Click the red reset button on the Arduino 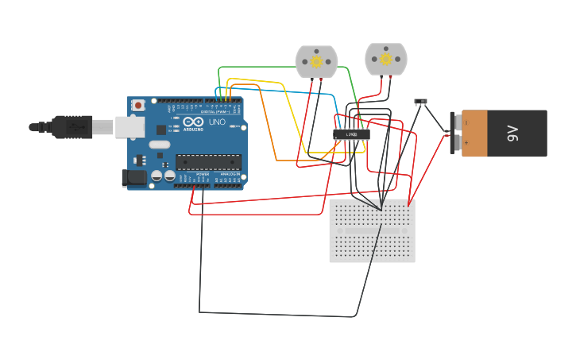pyautogui.click(x=138, y=105)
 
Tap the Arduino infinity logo pyautogui.click(x=193, y=122)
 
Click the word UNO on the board pyautogui.click(x=216, y=122)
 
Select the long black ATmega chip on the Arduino pyautogui.click(x=208, y=162)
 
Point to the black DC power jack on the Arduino pyautogui.click(x=134, y=179)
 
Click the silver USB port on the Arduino pyautogui.click(x=130, y=127)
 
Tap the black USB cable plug pyautogui.click(x=72, y=127)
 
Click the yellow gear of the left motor pyautogui.click(x=316, y=61)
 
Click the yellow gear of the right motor pyautogui.click(x=386, y=59)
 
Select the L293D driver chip pyautogui.click(x=351, y=134)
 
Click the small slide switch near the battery pyautogui.click(x=420, y=102)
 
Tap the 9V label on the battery pyautogui.click(x=513, y=134)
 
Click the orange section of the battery pyautogui.click(x=474, y=134)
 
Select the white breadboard pyautogui.click(x=372, y=230)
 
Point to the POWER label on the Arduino pyautogui.click(x=202, y=174)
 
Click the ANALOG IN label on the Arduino pyautogui.click(x=230, y=174)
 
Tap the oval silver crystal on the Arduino pyautogui.click(x=159, y=145)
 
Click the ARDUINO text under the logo pyautogui.click(x=193, y=129)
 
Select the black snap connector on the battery pyautogui.click(x=454, y=133)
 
